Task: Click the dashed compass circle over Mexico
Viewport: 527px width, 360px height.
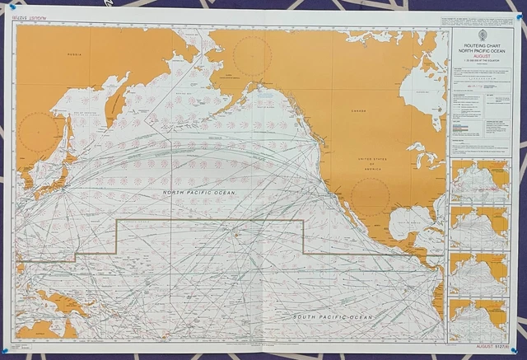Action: pos(370,198)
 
